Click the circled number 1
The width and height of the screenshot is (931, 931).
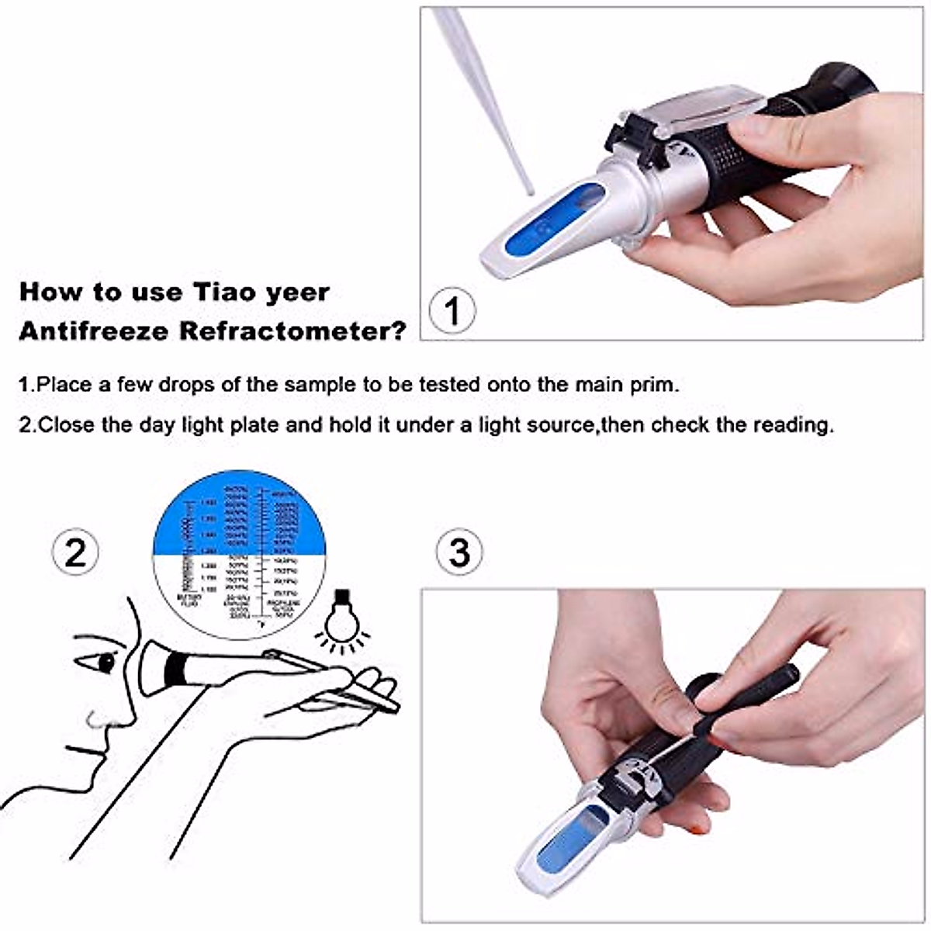tap(452, 312)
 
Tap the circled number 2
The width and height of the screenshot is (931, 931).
tap(75, 552)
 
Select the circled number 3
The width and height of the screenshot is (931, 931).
tap(459, 552)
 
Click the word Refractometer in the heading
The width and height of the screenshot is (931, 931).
tap(292, 331)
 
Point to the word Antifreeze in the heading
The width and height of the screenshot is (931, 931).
tap(95, 331)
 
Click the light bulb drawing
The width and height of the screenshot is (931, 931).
tap(339, 618)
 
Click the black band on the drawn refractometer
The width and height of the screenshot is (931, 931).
tap(176, 668)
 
